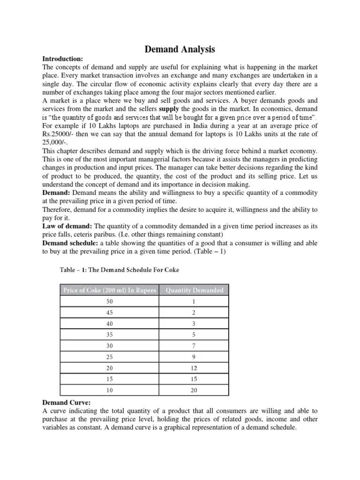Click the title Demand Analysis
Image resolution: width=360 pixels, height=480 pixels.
click(x=180, y=49)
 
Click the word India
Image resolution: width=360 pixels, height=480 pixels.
click(x=203, y=126)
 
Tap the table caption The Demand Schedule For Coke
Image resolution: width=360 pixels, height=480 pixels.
click(x=132, y=270)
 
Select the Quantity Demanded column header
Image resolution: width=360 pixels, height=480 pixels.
click(x=195, y=290)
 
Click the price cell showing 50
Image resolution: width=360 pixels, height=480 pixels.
click(x=110, y=302)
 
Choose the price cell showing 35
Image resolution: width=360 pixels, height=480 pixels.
click(x=110, y=335)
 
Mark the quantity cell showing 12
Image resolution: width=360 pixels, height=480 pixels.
click(x=194, y=368)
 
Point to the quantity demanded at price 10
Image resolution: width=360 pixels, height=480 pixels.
click(x=194, y=390)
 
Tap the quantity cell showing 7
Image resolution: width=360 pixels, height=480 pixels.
click(x=194, y=346)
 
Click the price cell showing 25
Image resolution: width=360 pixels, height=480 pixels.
click(x=110, y=357)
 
